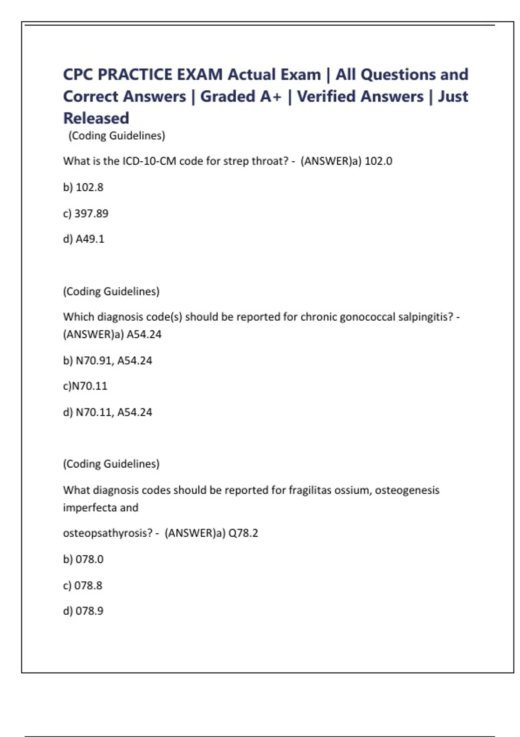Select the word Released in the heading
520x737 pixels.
96,118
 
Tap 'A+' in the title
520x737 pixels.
271,96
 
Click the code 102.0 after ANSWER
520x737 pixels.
378,161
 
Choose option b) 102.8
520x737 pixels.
83,187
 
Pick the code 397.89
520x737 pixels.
91,213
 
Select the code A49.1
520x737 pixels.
90,239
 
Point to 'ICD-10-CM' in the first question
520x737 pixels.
149,161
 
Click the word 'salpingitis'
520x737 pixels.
426,317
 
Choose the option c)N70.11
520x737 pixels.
85,386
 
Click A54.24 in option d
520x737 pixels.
134,412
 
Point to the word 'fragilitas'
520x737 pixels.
307,490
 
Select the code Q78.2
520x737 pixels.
243,533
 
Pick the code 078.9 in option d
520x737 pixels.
89,611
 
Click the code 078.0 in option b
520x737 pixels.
89,559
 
